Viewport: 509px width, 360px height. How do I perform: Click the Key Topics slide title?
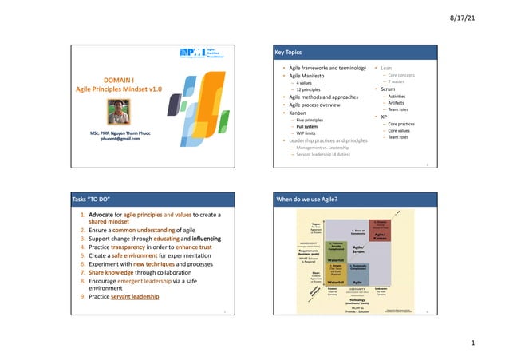289,52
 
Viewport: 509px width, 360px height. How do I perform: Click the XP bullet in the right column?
384,117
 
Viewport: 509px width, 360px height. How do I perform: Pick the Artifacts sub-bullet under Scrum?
397,102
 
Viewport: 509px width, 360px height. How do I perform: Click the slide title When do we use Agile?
306,198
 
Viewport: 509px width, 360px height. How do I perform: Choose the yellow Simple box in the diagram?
336,273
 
